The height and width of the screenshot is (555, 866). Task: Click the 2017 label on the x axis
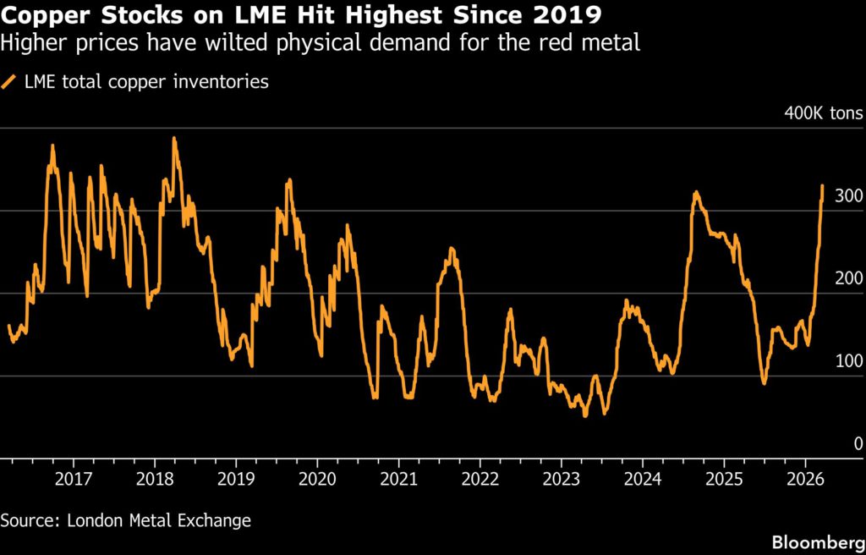[x=73, y=480]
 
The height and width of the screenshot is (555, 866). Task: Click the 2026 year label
[x=804, y=480]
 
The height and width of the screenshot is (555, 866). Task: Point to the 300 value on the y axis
[x=848, y=195]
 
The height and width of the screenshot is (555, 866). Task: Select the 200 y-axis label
[x=848, y=278]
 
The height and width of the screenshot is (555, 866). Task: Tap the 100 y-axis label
[x=848, y=361]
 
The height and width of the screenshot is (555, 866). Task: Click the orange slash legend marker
[x=11, y=82]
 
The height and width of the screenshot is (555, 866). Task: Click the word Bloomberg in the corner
[x=814, y=540]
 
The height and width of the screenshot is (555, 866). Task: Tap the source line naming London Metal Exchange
[x=126, y=519]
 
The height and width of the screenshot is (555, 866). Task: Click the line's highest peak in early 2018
[x=174, y=138]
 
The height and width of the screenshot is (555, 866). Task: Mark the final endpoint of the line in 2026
[x=822, y=185]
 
